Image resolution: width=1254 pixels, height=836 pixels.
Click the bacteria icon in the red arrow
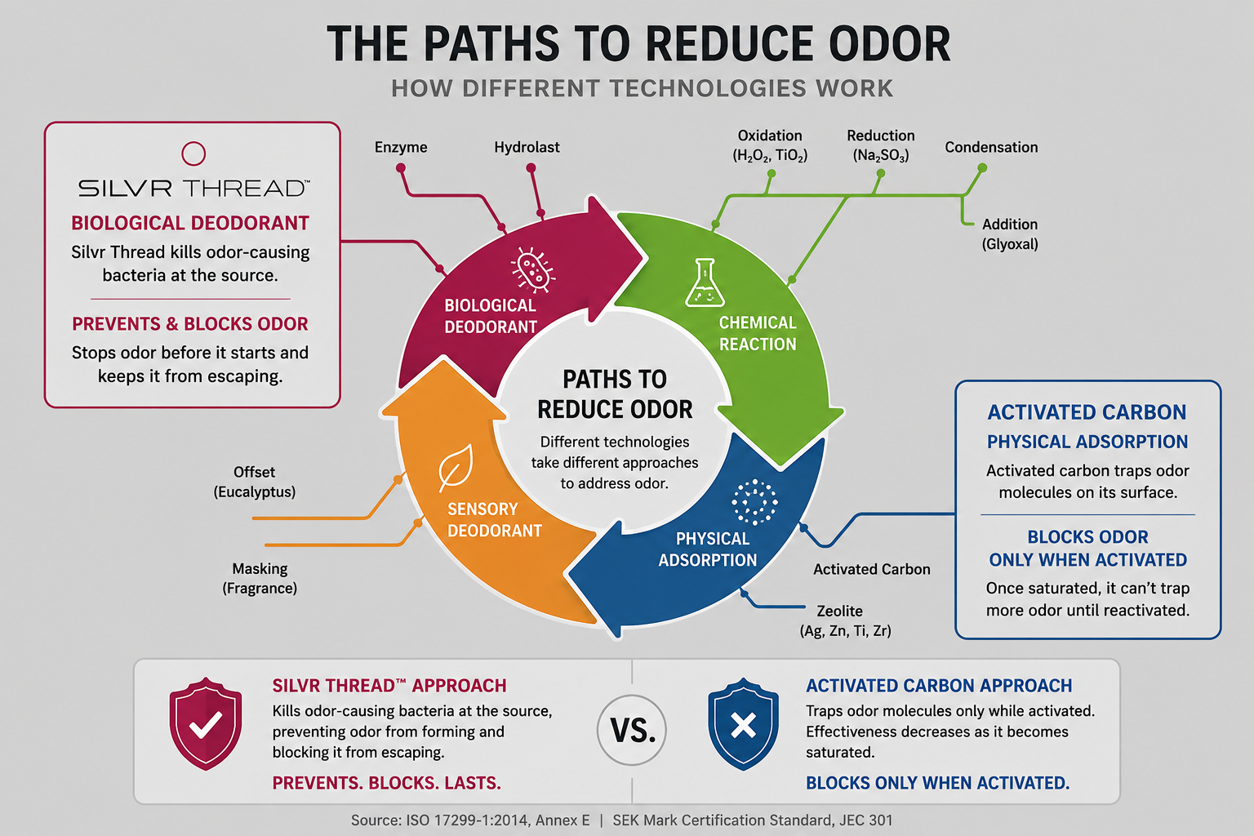532,269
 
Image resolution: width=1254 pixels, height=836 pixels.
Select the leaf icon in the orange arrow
456,468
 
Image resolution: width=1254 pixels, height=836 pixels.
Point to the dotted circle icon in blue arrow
754,502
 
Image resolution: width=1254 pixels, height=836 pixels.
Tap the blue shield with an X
743,723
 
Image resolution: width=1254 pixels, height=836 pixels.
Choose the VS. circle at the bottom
632,730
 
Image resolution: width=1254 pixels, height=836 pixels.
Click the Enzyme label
401,147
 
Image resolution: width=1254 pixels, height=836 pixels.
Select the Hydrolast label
527,147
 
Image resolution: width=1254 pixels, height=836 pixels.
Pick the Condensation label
991,147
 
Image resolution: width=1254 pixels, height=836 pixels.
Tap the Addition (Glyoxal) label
1010,234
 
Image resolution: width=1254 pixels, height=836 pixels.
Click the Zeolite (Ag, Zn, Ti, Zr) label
845,620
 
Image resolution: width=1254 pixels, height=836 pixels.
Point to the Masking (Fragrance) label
260,579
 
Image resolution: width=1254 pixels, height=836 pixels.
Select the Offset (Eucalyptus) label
254,482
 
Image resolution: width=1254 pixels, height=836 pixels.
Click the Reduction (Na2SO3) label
881,145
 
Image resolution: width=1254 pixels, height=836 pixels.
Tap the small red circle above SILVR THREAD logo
193,153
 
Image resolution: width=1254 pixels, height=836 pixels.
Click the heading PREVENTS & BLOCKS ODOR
189,323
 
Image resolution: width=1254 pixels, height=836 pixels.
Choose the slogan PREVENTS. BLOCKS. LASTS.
386,782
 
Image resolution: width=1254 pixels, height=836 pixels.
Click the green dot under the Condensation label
982,167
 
